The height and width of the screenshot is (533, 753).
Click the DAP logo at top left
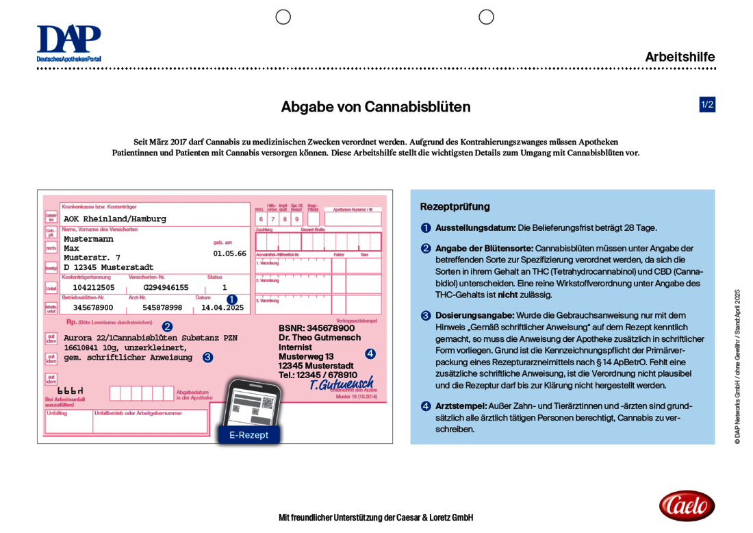coord(68,42)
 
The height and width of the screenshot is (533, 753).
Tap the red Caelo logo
coord(687,506)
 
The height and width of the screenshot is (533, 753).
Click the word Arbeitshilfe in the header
coord(679,57)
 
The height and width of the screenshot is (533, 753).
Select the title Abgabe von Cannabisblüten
coord(376,107)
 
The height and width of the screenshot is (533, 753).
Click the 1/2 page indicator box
coord(706,105)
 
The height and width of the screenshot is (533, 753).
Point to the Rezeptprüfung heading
coord(455,206)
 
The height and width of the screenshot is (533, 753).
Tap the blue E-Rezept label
coord(248,434)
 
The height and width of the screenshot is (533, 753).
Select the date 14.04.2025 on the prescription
coord(222,308)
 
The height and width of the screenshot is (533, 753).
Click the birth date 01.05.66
coord(229,253)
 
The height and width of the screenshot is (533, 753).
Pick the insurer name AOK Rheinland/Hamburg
coord(115,219)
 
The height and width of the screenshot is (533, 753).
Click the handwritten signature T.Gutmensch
coord(341,384)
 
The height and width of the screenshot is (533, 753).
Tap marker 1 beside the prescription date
coord(232,299)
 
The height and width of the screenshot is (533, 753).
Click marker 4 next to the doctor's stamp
coord(370,354)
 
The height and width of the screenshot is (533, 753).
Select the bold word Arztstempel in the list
coord(461,406)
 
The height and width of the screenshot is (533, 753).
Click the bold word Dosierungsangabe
coord(474,315)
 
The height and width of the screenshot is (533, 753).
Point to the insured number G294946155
coord(166,288)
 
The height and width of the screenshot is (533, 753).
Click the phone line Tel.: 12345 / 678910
coord(318,375)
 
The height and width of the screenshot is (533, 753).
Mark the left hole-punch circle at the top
coord(283,17)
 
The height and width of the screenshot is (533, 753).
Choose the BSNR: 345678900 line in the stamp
coord(316,328)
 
